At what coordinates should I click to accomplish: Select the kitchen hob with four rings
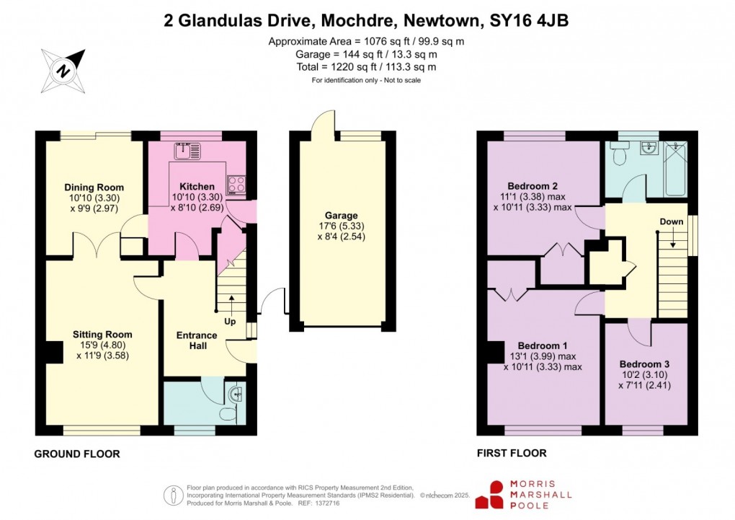click(236, 185)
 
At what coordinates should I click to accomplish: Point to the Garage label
click(341, 216)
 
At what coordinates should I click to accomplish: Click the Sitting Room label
click(102, 335)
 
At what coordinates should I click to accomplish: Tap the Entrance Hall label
click(197, 340)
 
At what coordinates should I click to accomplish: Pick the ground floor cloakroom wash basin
click(236, 394)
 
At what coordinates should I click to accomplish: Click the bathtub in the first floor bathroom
click(675, 168)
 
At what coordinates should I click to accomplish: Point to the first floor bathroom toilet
click(619, 153)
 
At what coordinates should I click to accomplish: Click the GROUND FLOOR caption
click(76, 454)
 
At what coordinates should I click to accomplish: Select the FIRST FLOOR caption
click(511, 454)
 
